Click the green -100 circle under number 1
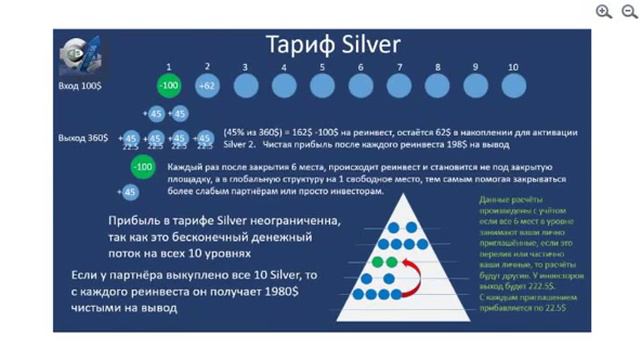(169, 86)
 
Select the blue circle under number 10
(512, 86)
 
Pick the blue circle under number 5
(322, 86)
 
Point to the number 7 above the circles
(399, 67)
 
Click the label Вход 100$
(78, 87)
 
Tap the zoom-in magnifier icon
(604, 12)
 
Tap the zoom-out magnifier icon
(627, 12)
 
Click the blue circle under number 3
(246, 86)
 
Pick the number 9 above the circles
(474, 67)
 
